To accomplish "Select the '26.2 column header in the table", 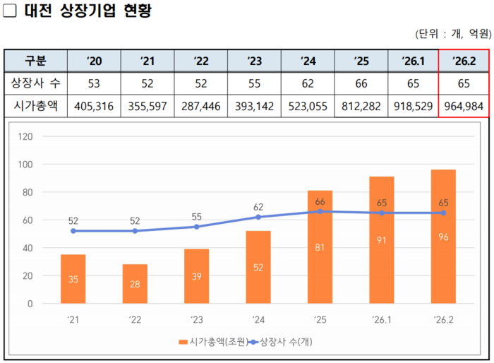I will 464,61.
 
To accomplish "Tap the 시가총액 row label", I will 36,106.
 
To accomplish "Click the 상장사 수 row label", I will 36,83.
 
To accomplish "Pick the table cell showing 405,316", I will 94,106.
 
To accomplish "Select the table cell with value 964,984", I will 464,106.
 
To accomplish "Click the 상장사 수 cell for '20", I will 94,83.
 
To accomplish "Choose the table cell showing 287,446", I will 201,106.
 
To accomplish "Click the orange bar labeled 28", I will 135,284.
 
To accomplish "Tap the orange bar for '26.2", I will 443,237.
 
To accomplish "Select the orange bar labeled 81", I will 320,247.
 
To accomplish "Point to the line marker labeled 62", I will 258,217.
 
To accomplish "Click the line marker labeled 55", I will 197,227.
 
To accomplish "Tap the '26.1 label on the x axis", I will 381,320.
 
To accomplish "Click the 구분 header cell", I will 36,61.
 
